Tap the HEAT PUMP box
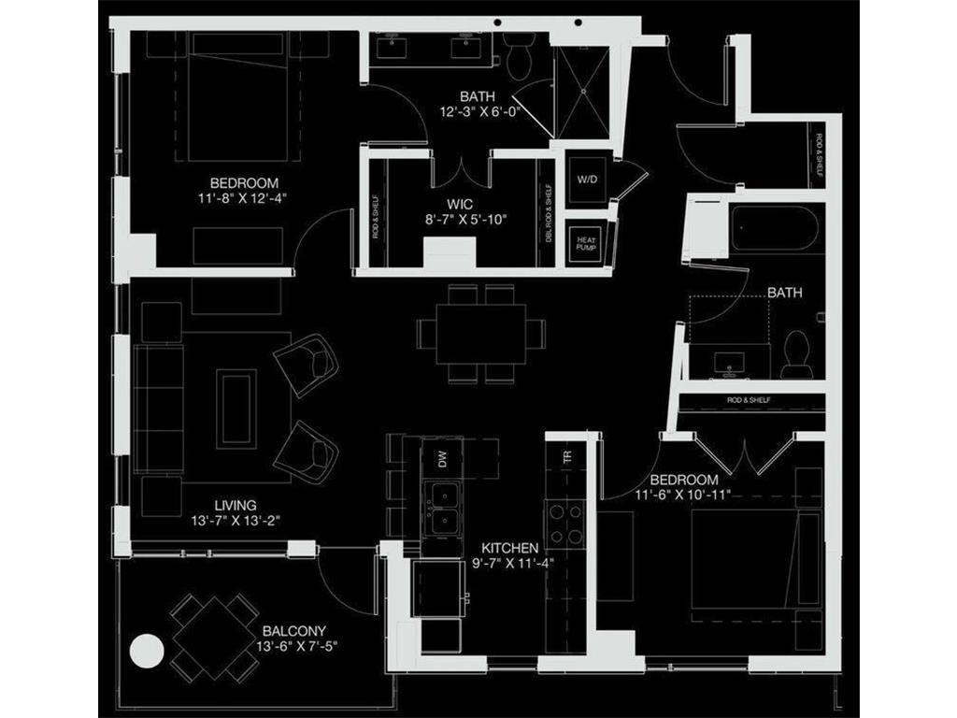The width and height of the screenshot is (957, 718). pos(586,245)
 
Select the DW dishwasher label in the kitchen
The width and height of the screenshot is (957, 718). pos(444,458)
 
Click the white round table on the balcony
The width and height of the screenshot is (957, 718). pos(147,651)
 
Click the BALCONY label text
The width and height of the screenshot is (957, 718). pos(293,631)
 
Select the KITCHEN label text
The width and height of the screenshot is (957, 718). pos(509,547)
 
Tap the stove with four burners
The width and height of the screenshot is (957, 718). pos(565,524)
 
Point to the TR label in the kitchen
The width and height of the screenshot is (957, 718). pos(565,457)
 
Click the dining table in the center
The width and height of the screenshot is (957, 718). pos(481,334)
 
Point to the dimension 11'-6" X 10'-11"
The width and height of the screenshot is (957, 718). pos(677,495)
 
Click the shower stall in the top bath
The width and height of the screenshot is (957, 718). pos(582,88)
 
